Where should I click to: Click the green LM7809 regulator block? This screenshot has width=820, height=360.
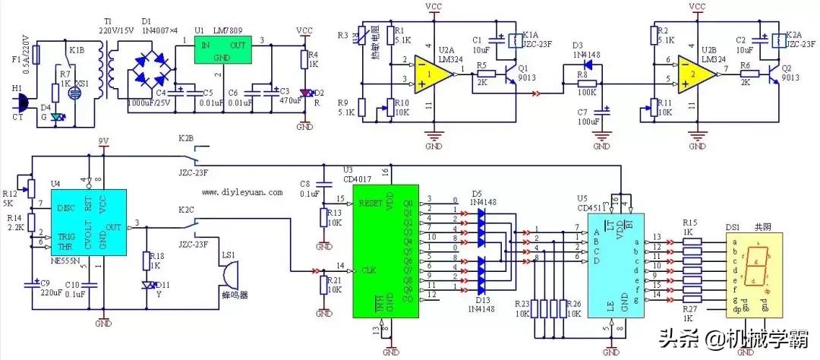221,52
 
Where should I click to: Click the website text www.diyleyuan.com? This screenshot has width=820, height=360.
241,193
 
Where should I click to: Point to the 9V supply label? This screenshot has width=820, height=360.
104,141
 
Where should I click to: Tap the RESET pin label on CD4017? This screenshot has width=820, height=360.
371,204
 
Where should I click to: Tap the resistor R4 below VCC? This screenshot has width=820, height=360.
304,59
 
